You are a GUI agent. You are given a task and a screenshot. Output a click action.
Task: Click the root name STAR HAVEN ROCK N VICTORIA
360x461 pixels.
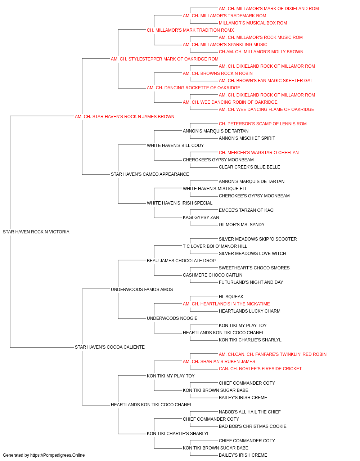tap(36, 232)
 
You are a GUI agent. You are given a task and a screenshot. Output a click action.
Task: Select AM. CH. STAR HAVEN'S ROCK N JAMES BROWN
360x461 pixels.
tap(125, 116)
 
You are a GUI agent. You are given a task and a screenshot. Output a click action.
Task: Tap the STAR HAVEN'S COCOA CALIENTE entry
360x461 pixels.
tap(109, 347)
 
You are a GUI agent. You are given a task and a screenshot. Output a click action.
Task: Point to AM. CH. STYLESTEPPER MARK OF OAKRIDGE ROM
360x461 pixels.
tap(165, 59)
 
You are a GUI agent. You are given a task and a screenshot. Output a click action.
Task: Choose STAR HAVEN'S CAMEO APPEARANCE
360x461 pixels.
tap(150, 174)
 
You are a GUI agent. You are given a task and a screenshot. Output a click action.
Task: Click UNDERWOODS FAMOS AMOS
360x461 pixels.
tap(142, 289)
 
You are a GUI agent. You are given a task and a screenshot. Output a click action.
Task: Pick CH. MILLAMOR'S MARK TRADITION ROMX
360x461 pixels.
tap(190, 30)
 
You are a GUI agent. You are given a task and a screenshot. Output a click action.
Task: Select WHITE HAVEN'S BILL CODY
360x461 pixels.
tap(175, 145)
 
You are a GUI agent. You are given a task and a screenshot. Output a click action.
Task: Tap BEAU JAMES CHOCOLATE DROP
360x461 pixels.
tap(181, 260)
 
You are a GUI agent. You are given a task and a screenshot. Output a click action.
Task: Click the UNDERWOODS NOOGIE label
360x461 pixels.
tap(172, 318)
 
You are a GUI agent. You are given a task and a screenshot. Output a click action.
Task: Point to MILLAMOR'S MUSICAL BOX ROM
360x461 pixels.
tap(253, 23)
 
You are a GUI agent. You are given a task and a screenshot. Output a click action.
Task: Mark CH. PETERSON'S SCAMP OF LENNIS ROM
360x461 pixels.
tap(263, 124)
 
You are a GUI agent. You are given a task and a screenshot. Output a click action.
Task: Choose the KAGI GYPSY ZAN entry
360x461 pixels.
tap(201, 217)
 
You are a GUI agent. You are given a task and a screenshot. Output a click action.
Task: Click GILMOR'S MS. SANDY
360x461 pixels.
tap(242, 224)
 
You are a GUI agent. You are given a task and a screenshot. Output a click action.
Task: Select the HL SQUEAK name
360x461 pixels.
tap(231, 296)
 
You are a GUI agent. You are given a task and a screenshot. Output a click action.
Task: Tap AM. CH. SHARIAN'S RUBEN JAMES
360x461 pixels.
tap(219, 362)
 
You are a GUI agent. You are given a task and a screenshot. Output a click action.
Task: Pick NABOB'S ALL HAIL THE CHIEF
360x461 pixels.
tap(250, 412)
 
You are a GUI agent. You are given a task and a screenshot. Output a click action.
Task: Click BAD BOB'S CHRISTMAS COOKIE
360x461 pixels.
tap(253, 426)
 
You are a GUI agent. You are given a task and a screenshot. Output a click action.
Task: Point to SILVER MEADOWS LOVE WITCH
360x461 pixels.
tap(252, 253)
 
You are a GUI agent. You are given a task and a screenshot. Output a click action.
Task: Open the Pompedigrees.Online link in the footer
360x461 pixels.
tap(58, 455)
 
